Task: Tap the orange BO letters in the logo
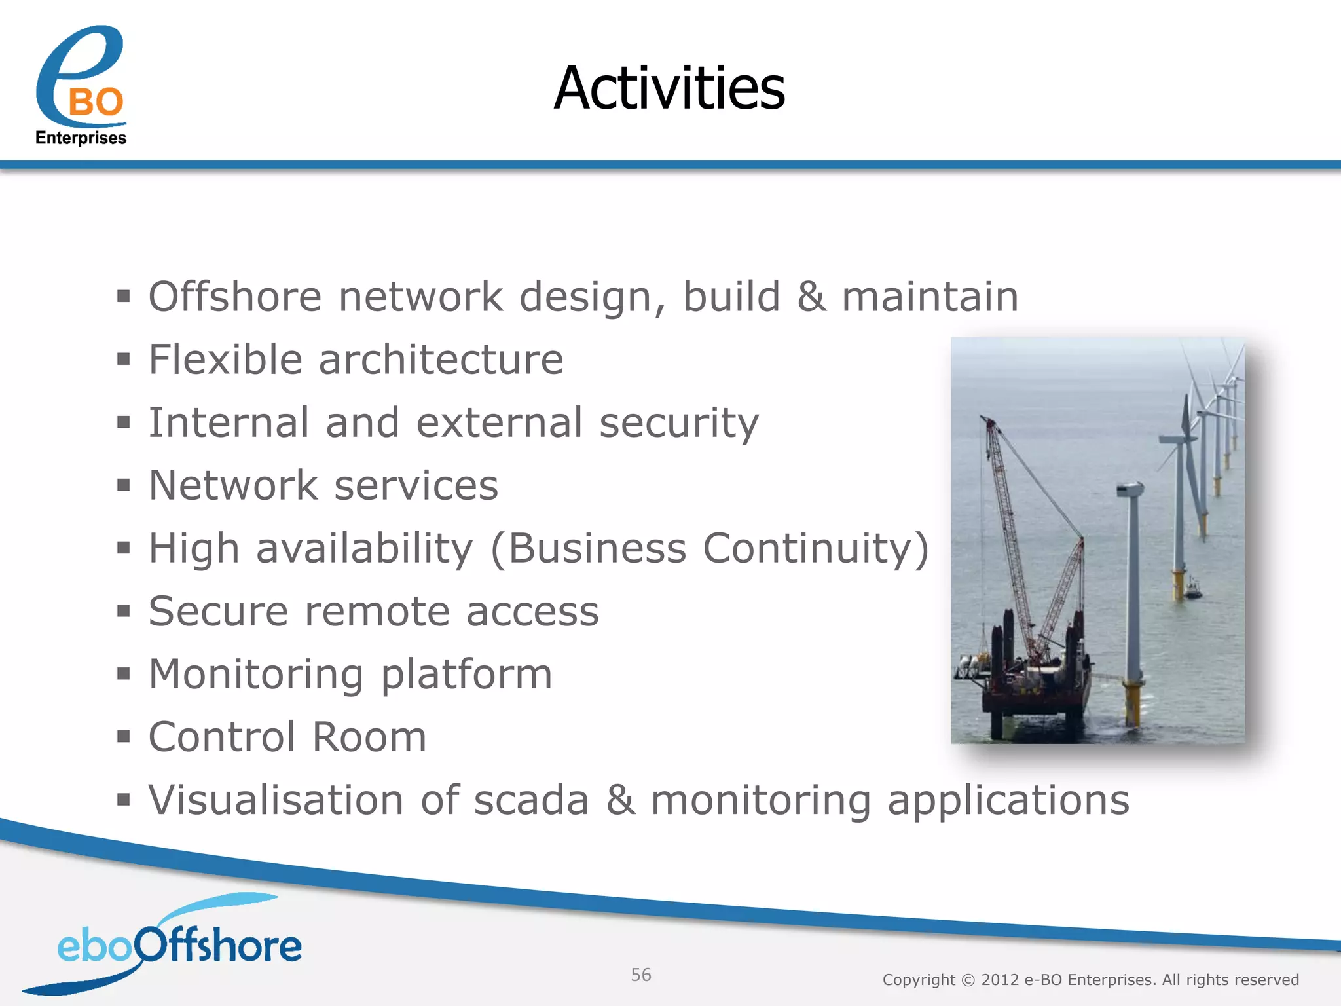pos(96,103)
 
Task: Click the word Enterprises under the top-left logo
pos(81,138)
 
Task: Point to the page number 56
pos(640,975)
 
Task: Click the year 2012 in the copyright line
pos(999,980)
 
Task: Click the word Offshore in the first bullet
pos(235,296)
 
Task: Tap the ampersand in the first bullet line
pos(811,296)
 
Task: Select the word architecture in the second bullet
pos(441,359)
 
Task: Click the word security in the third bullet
pos(679,422)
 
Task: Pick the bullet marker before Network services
pos(124,485)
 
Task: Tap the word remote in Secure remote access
pos(377,611)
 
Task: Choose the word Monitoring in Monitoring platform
pos(256,675)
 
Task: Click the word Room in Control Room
pos(369,737)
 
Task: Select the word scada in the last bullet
pos(531,800)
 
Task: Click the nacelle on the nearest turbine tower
pos(1130,489)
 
